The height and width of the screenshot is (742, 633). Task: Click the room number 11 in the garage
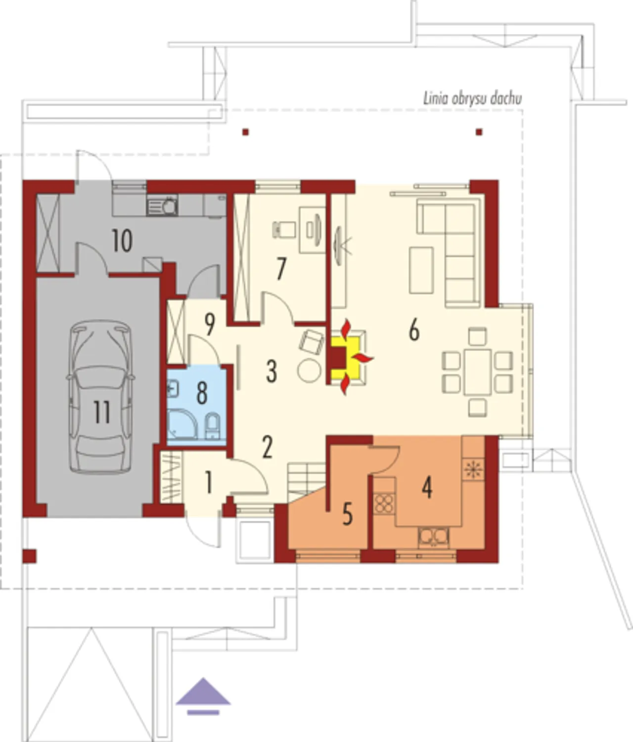102,412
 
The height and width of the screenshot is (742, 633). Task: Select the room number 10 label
122,241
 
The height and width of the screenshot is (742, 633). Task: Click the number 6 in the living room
414,330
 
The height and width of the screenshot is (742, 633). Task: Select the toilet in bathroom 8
213,426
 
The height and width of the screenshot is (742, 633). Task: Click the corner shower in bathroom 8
182,425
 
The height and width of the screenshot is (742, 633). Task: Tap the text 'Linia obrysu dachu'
472,99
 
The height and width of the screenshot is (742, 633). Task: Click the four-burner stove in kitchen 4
384,503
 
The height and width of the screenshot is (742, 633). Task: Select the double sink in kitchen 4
433,537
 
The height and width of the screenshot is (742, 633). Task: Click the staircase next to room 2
306,481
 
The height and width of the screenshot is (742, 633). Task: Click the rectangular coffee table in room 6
421,270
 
